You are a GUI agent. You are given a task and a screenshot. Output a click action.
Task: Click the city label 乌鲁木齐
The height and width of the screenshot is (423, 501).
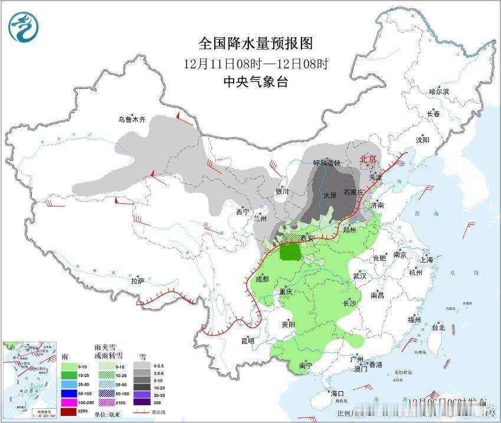(131, 120)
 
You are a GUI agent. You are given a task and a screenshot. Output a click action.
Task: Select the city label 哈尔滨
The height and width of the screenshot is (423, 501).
(438, 92)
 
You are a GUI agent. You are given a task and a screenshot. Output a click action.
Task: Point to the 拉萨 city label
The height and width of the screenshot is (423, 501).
(137, 281)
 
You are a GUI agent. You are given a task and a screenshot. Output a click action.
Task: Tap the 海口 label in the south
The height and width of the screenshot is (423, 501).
(337, 393)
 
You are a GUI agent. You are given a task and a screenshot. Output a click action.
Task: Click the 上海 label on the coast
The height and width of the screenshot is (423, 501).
(426, 260)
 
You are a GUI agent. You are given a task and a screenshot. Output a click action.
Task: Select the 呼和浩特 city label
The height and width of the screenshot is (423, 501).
(326, 163)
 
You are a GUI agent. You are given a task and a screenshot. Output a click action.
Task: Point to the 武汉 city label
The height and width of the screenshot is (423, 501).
(359, 276)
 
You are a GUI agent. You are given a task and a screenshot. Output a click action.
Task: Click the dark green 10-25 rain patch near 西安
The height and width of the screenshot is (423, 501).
(290, 253)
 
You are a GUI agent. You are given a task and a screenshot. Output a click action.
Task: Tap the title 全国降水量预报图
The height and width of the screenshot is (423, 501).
(255, 43)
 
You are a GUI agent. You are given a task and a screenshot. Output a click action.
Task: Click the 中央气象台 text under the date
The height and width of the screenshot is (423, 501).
(255, 82)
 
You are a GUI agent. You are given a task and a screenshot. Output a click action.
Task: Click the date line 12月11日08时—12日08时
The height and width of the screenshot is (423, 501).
(255, 63)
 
